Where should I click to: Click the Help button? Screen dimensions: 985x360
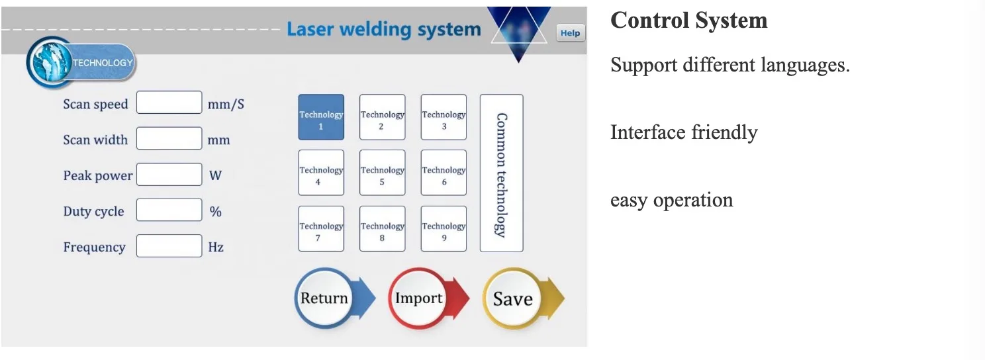tap(571, 33)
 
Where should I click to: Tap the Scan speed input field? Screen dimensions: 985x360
tap(169, 103)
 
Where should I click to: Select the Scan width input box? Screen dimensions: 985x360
tap(169, 138)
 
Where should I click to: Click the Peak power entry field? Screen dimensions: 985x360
tap(169, 175)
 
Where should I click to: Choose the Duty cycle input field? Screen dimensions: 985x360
tap(169, 210)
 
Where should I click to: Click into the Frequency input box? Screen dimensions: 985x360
tap(169, 246)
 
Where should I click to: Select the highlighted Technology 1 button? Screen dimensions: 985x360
tap(322, 117)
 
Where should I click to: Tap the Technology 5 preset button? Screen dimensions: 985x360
tap(383, 173)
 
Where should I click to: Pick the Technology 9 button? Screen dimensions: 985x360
tap(444, 228)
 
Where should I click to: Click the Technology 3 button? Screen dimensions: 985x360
tap(444, 117)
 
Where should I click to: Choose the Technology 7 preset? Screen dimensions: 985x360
tap(322, 228)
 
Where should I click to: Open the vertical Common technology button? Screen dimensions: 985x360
tap(502, 173)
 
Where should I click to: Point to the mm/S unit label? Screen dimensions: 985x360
tap(226, 104)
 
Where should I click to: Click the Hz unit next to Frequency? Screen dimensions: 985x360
tap(216, 247)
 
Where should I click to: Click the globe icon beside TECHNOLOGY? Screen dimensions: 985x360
tap(49, 62)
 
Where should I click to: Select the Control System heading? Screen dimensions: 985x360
tap(689, 21)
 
